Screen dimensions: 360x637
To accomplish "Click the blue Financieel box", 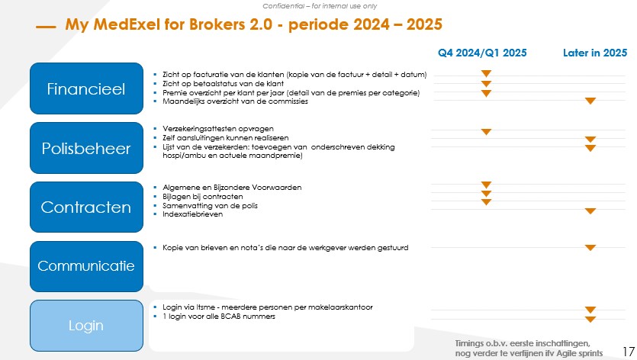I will coord(86,88).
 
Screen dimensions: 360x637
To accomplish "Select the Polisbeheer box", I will coord(86,148).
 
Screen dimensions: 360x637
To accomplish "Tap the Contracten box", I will coord(86,207).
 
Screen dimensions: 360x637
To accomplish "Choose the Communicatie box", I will coord(86,266).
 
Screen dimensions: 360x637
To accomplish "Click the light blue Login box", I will coord(86,326).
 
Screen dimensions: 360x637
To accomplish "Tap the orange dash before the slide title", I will coord(46,27).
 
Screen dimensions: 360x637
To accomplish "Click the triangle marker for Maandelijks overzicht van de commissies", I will coord(590,101).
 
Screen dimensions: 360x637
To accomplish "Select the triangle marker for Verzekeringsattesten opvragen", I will coord(486,131).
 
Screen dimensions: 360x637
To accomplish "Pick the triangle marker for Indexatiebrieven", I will coord(590,211).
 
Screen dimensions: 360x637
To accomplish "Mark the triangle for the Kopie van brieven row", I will coord(590,247).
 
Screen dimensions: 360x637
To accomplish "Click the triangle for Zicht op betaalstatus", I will coord(486,83).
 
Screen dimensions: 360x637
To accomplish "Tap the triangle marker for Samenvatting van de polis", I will coord(486,202).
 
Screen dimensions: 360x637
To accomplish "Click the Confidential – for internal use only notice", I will coord(318,5).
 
